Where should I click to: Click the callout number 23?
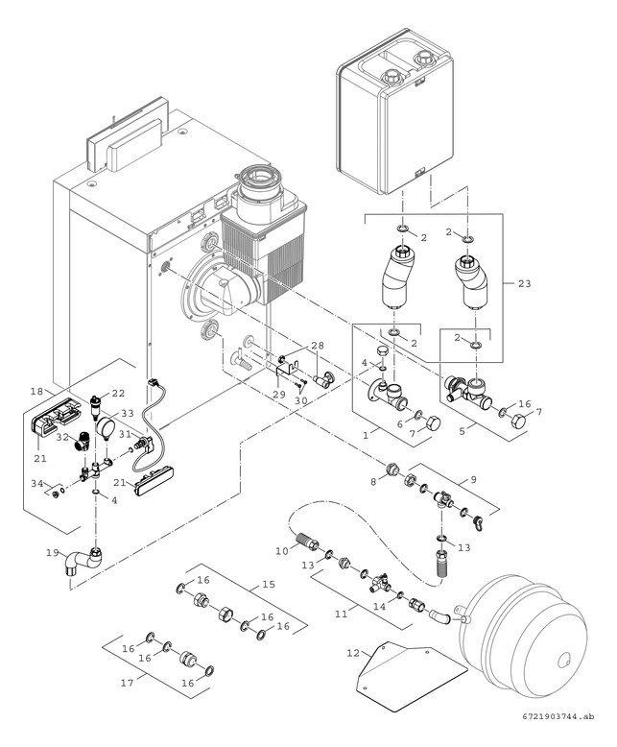[x=523, y=284]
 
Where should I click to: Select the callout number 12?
[x=352, y=652]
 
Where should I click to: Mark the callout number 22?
[x=119, y=393]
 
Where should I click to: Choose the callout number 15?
[x=270, y=583]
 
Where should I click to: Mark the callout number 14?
[x=379, y=606]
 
